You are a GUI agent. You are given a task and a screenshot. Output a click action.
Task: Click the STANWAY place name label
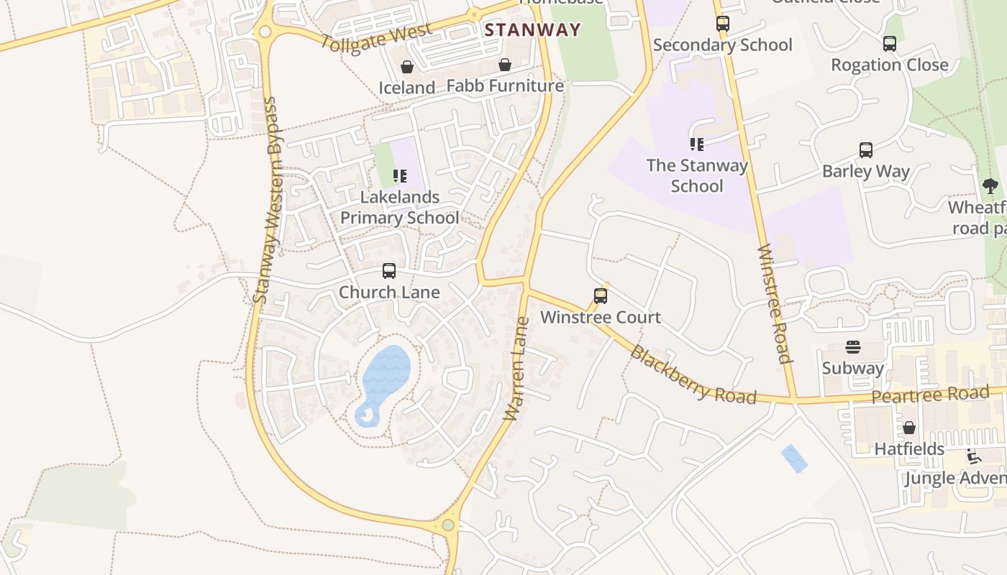[532, 30]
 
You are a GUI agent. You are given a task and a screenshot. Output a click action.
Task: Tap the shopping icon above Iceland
[407, 67]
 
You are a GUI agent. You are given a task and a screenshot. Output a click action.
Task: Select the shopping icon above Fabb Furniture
[505, 65]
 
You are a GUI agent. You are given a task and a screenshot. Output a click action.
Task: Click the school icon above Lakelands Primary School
[400, 175]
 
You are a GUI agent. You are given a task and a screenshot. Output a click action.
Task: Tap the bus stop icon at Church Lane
[389, 271]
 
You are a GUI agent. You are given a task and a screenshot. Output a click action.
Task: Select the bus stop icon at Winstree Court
[601, 295]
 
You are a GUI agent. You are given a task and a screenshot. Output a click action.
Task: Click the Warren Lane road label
[517, 369]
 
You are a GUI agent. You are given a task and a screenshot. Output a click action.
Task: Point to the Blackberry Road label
[693, 375]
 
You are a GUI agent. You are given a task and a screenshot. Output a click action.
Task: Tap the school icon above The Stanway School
[696, 144]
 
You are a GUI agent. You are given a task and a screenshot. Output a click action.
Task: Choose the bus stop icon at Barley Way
[866, 150]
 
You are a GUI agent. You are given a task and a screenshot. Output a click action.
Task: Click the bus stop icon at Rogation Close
[890, 44]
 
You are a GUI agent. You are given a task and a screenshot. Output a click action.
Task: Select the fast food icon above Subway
[853, 348]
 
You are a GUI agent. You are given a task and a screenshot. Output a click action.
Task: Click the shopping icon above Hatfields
[909, 428]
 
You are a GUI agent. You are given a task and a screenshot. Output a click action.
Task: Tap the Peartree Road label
[930, 395]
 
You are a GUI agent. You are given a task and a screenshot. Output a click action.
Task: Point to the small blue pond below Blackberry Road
[794, 458]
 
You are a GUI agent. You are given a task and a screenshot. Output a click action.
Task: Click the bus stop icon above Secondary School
[723, 23]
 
